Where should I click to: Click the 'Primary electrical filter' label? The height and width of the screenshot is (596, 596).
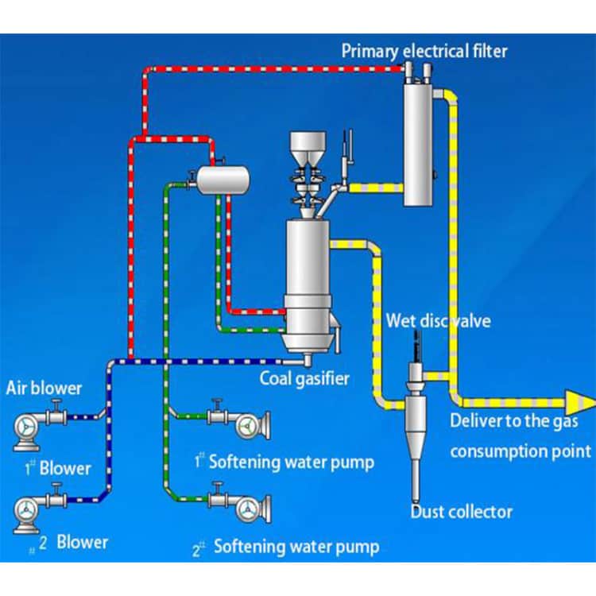click(424, 52)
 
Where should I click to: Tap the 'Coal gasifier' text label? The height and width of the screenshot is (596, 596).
click(304, 378)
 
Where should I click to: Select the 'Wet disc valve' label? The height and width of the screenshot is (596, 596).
click(438, 321)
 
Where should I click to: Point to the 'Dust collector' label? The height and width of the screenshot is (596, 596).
click(461, 512)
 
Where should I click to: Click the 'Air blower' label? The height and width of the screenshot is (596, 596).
click(44, 389)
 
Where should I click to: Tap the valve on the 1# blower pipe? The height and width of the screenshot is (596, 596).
click(56, 414)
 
